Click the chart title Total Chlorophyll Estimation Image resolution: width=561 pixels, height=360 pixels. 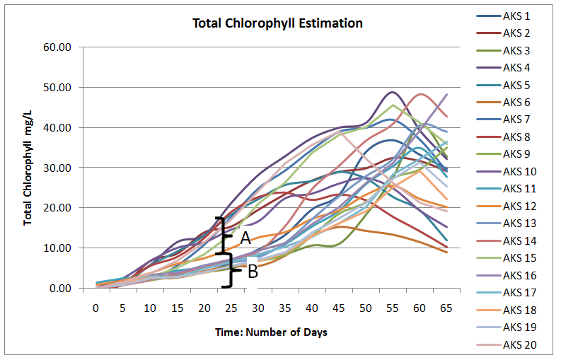click(277, 23)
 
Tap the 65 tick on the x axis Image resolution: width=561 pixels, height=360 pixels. click(446, 308)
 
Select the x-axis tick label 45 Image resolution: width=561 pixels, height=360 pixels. click(339, 308)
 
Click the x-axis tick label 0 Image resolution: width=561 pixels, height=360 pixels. click(96, 308)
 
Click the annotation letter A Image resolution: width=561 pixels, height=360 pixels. click(245, 236)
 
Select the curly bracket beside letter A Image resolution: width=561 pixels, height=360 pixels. click(224, 236)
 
